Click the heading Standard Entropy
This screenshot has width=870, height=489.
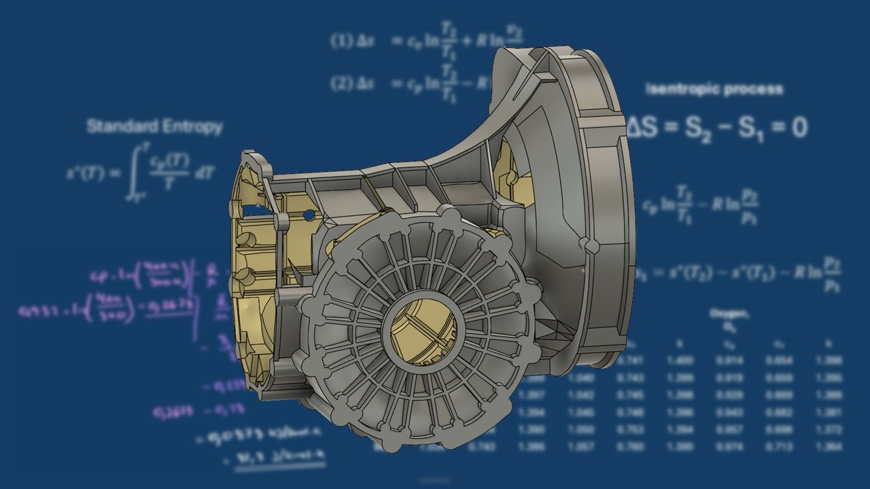(154, 126)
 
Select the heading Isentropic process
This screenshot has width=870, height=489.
(714, 89)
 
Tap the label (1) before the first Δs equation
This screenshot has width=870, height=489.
(340, 40)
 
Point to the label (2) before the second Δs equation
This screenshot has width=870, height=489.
(340, 83)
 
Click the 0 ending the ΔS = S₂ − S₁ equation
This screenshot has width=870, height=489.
(799, 128)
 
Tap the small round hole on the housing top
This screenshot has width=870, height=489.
(309, 215)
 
